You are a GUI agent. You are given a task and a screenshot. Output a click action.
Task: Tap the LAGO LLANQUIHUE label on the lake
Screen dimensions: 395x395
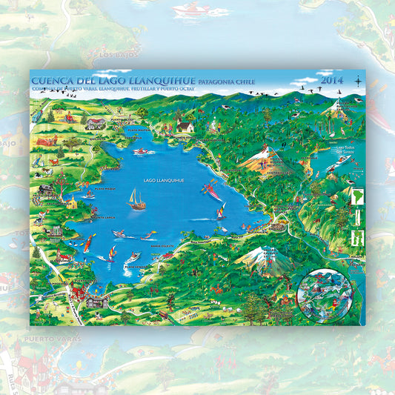pyautogui.click(x=160, y=180)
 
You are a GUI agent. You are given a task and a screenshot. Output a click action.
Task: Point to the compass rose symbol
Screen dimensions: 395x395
pyautogui.click(x=358, y=80)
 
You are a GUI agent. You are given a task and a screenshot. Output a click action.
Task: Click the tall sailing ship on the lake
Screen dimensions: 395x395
pyautogui.click(x=137, y=199)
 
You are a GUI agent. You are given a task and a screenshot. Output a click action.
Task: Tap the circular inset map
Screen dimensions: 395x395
pyautogui.click(x=324, y=291)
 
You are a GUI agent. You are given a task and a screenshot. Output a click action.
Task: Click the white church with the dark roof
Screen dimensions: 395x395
pyautogui.click(x=185, y=127)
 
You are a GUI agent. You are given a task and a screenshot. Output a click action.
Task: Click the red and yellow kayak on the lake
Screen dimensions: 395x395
pyautogui.click(x=213, y=190)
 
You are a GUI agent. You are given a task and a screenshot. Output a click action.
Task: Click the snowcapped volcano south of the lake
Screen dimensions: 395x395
pyautogui.click(x=259, y=259)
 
